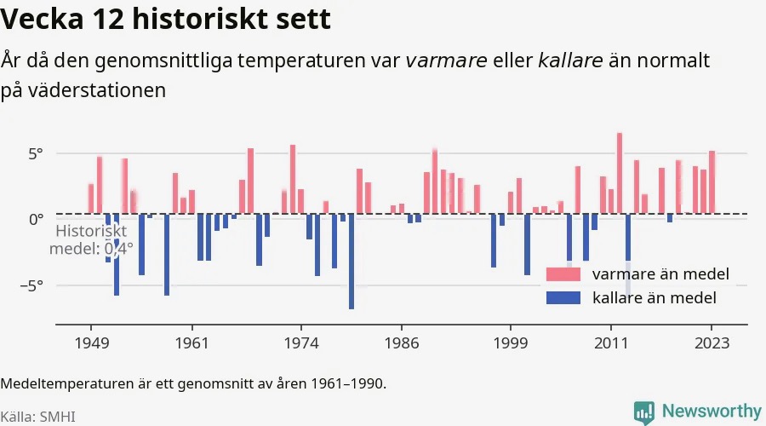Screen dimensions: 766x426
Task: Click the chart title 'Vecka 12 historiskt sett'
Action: pos(166,19)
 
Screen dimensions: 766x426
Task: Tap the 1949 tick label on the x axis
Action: pos(91,343)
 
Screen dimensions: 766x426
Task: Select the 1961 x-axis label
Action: pos(191,343)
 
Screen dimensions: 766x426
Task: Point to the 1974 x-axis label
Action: pos(301,343)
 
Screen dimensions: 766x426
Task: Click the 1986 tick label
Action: pos(402,343)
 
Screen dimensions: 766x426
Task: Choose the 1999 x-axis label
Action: pos(511,343)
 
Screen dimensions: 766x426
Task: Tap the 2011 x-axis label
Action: pos(610,343)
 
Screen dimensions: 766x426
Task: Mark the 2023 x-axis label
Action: pos(712,343)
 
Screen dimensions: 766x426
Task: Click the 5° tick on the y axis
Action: pos(36,154)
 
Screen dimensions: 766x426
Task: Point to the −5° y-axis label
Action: pos(31,285)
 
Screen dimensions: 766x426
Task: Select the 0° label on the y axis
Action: pos(36,219)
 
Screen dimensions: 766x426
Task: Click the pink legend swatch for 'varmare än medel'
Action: pos(563,273)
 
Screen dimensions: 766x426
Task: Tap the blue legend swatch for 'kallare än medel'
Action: pos(563,298)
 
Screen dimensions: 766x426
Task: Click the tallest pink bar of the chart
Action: pos(620,173)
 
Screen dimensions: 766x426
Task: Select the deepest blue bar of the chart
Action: pos(352,262)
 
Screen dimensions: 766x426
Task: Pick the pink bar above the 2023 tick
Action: pos(712,182)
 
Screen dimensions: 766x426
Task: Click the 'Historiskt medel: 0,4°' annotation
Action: pos(91,239)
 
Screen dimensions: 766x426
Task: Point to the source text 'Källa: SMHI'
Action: pos(38,417)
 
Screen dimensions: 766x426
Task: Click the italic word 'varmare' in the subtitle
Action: pos(446,60)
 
